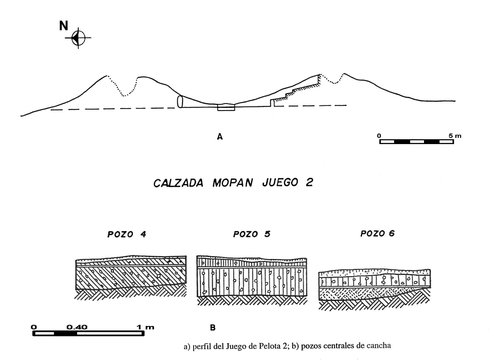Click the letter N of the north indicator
pos(64,26)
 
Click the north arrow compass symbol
pos(78,38)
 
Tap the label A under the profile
pos(220,137)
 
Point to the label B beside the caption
pos(213,328)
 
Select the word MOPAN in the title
pos(233,183)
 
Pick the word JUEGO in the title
pos(280,183)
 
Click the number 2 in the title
pos(309,183)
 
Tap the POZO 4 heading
pos(127,234)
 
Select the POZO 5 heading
pos(252,234)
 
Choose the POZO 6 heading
pos(378,233)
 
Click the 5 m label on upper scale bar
pos(455,136)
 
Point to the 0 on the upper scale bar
pos(379,136)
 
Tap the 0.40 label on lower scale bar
pos(77,327)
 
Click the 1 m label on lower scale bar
pos(146,328)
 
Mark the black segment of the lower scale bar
pos(66,334)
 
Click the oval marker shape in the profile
pos(180,101)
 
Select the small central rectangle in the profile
pos(226,108)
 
